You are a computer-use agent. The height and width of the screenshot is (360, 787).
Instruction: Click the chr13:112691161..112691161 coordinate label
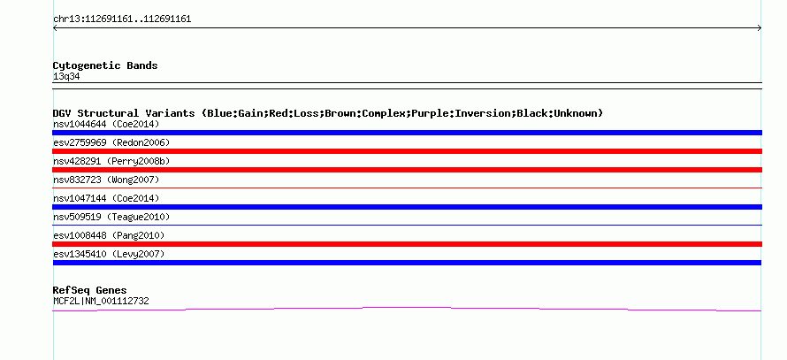click(x=122, y=19)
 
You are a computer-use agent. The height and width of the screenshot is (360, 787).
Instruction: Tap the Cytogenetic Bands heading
click(x=105, y=65)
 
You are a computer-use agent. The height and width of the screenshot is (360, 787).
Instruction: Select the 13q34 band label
click(x=66, y=77)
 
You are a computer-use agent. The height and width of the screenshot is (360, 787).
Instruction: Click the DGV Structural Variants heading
click(x=328, y=113)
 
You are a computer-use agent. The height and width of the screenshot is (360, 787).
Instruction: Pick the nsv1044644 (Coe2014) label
click(x=106, y=124)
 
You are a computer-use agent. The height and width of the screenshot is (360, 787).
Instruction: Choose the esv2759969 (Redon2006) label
click(x=111, y=142)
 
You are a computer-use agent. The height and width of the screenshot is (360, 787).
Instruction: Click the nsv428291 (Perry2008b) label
click(x=111, y=161)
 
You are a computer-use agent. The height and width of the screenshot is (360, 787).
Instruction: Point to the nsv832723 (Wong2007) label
click(x=106, y=180)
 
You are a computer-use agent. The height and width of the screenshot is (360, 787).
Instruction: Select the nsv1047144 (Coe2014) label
click(x=106, y=198)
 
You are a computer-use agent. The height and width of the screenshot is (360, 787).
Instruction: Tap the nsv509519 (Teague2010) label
click(x=111, y=217)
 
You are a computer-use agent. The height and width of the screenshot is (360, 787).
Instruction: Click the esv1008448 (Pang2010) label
click(x=109, y=235)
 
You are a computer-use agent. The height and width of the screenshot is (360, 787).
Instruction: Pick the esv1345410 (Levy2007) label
click(x=109, y=254)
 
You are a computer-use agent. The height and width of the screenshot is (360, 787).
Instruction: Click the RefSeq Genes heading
click(x=90, y=290)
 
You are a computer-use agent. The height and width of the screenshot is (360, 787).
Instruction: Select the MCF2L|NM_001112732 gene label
click(x=101, y=302)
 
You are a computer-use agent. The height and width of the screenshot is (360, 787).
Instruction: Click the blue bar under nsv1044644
click(x=407, y=133)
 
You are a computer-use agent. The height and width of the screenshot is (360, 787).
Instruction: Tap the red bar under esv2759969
click(x=407, y=151)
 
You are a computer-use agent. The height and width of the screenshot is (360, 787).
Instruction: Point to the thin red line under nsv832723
click(x=407, y=188)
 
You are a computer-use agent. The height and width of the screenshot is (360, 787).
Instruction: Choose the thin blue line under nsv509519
click(x=407, y=225)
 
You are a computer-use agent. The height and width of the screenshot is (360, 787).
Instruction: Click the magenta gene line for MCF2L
click(x=407, y=307)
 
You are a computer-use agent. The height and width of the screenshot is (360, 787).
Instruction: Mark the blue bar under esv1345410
click(x=407, y=263)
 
